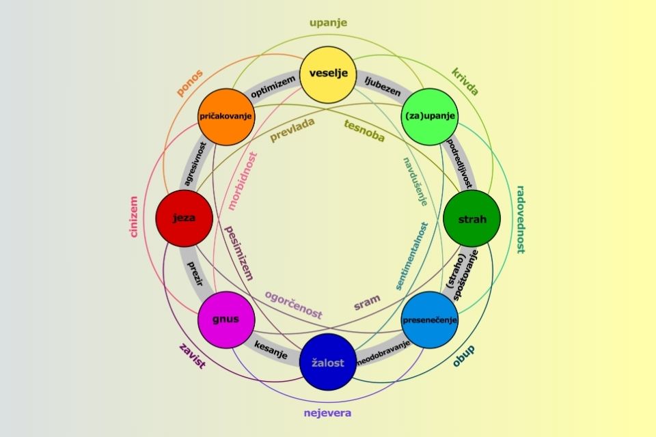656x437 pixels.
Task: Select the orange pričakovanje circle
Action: [226, 117]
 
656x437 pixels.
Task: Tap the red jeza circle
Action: [184, 219]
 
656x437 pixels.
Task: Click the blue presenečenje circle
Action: [430, 320]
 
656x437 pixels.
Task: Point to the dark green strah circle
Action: [472, 219]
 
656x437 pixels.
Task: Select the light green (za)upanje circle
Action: [430, 117]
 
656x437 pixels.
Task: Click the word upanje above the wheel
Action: [328, 23]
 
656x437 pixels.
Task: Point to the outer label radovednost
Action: [519, 219]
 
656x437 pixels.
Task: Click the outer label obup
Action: [464, 356]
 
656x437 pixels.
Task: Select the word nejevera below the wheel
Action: [328, 413]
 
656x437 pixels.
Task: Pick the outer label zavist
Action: [192, 355]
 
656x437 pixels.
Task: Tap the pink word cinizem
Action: [134, 217]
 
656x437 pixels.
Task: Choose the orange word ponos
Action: [191, 83]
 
